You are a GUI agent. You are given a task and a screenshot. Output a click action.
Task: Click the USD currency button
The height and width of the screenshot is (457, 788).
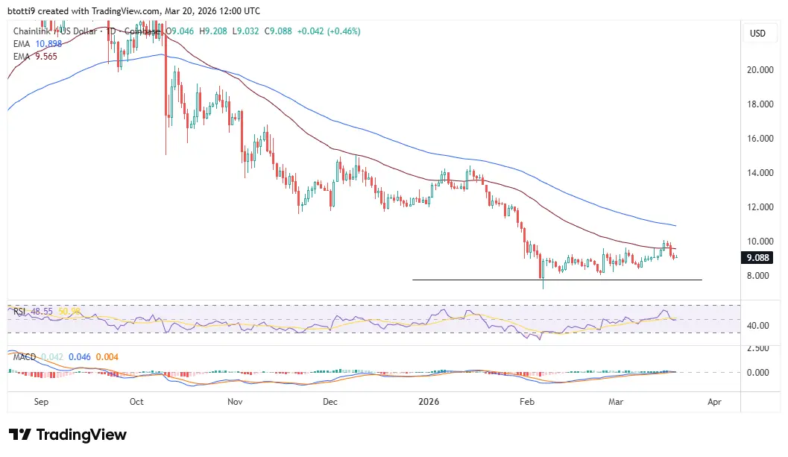point(757,34)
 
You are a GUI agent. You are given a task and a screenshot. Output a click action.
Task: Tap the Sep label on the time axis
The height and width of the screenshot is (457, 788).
point(41,402)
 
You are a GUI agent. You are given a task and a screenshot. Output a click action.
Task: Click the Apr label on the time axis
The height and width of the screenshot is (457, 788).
point(713,402)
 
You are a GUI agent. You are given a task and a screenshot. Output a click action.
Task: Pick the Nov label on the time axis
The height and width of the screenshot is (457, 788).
point(235,402)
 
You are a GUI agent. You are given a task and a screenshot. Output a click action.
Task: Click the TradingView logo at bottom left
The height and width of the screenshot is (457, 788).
point(68,435)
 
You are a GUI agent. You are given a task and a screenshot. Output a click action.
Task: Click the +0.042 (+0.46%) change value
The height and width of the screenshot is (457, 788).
point(329,31)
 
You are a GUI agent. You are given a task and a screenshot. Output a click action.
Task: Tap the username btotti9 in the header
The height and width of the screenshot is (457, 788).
point(25,10)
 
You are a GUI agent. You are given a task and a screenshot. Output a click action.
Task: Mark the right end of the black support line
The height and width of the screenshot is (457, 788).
point(701,280)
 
